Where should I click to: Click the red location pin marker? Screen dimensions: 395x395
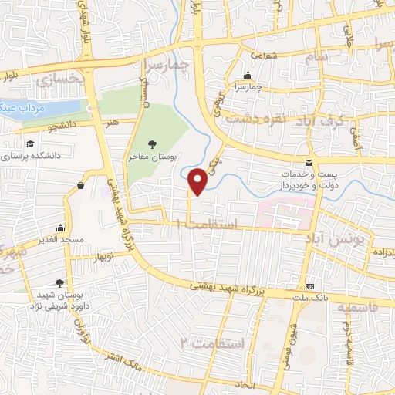click(x=198, y=180)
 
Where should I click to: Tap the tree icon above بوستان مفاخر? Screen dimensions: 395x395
click(x=152, y=143)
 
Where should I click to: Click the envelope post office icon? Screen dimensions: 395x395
click(x=309, y=163)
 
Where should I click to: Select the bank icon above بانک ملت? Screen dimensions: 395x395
click(x=310, y=286)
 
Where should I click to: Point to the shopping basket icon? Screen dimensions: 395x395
click(x=81, y=185)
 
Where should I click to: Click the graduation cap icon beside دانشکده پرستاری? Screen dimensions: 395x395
click(x=29, y=144)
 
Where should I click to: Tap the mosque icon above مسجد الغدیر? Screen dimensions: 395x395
click(x=61, y=228)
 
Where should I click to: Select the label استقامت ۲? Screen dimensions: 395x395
click(x=211, y=341)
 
